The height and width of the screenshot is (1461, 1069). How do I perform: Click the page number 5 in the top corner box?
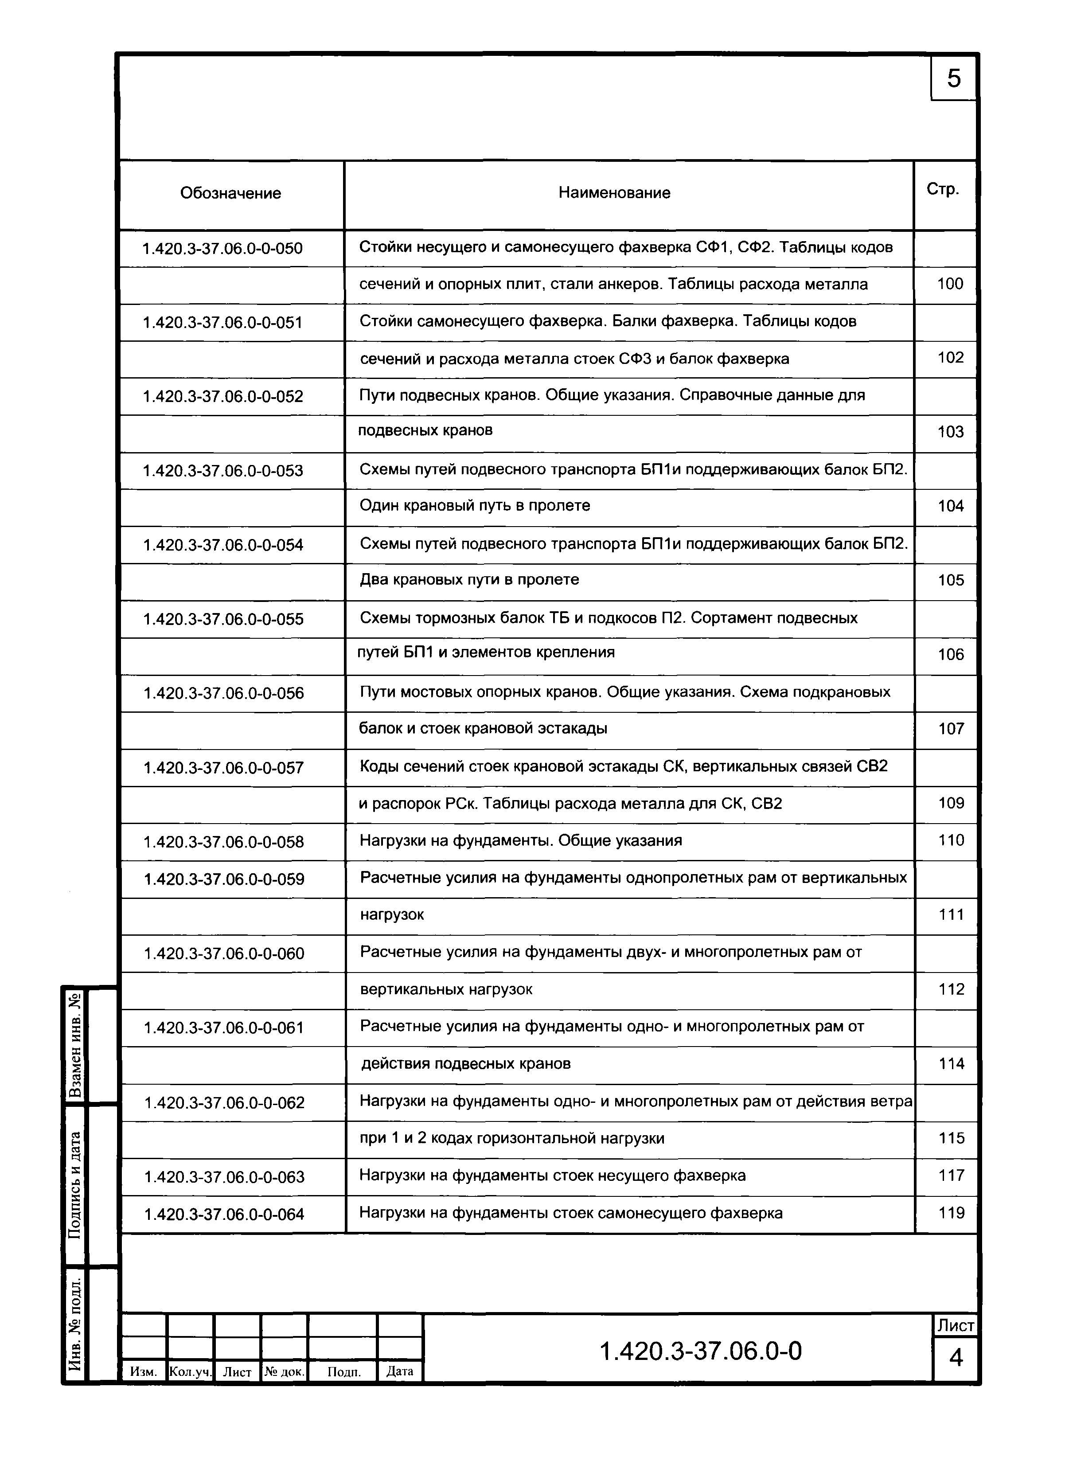tap(953, 79)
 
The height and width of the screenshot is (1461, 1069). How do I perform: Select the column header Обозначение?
tap(230, 193)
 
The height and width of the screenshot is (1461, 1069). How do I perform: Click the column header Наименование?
tap(614, 193)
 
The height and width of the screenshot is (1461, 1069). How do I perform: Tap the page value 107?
tap(951, 729)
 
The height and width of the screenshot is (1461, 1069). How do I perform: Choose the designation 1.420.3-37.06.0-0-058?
tap(223, 842)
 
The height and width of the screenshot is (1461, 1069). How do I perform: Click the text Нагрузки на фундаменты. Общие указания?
tap(520, 840)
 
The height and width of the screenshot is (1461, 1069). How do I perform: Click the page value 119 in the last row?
tap(951, 1212)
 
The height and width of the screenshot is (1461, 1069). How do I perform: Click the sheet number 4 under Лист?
tap(956, 1357)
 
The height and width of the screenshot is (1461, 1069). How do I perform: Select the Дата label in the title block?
tap(399, 1371)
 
